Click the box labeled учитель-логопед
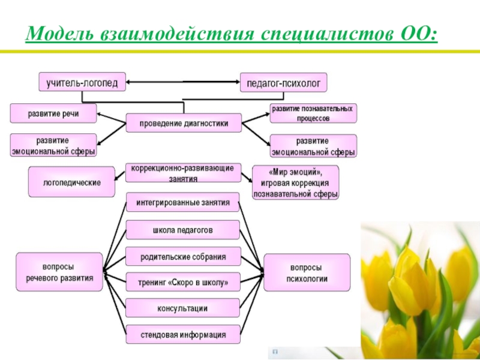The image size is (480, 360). pyautogui.click(x=82, y=82)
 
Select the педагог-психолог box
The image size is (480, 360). pyautogui.click(x=284, y=82)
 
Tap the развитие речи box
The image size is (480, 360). pyautogui.click(x=53, y=113)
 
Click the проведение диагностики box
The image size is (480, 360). pyautogui.click(x=184, y=123)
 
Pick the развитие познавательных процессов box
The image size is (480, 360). pyautogui.click(x=313, y=113)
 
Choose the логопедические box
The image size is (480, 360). pyautogui.click(x=71, y=181)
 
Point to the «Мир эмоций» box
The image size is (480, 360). pyautogui.click(x=295, y=182)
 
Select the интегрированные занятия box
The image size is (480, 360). pyautogui.click(x=183, y=202)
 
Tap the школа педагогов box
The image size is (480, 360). pyautogui.click(x=183, y=230)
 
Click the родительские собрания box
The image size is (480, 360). pyautogui.click(x=183, y=257)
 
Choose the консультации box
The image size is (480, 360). pyautogui.click(x=183, y=308)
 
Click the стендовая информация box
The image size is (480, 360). pyautogui.click(x=183, y=335)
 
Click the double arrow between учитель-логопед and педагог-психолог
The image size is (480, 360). pyautogui.click(x=183, y=82)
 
